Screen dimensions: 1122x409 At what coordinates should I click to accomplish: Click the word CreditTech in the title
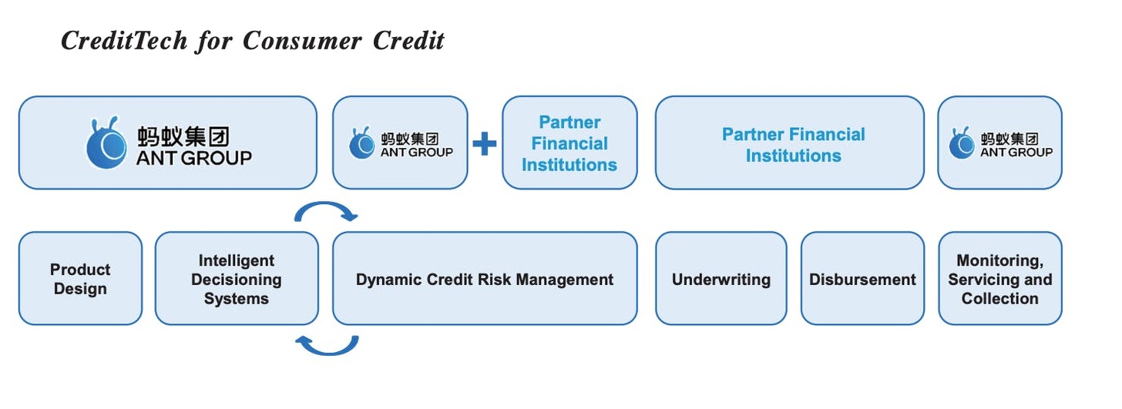click(x=124, y=41)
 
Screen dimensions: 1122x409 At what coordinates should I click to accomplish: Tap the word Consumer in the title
click(x=301, y=41)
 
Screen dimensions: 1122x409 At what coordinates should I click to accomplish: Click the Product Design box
click(x=81, y=278)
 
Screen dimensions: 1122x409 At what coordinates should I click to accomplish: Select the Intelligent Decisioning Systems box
click(x=237, y=278)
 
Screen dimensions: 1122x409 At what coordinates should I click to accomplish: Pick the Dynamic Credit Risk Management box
click(x=485, y=278)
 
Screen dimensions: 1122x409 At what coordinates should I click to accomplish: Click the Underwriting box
click(x=721, y=278)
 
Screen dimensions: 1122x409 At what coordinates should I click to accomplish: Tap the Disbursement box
click(x=862, y=278)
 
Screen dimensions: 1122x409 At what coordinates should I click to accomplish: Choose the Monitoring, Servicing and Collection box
click(x=1000, y=278)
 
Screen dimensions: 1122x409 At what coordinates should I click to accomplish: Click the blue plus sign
click(x=485, y=144)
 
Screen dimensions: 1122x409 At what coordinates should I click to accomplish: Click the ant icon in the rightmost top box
click(x=961, y=142)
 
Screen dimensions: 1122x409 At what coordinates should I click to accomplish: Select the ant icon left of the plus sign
click(x=361, y=142)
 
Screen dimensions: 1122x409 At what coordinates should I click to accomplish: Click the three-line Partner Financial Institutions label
click(x=569, y=143)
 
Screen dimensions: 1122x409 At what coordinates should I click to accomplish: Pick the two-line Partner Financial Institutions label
click(x=794, y=145)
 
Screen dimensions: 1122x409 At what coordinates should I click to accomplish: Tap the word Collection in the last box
click(x=999, y=298)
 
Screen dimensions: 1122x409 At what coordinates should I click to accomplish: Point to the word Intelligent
click(x=237, y=260)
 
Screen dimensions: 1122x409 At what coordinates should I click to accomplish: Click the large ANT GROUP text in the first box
click(x=194, y=158)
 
